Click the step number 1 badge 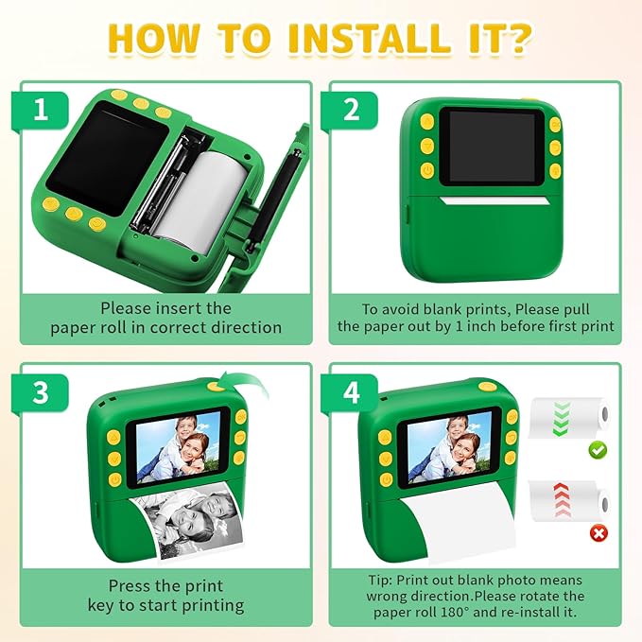(40, 111)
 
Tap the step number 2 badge (352, 111)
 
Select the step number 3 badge (40, 392)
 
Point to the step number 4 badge (352, 392)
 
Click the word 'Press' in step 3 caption (130, 586)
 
